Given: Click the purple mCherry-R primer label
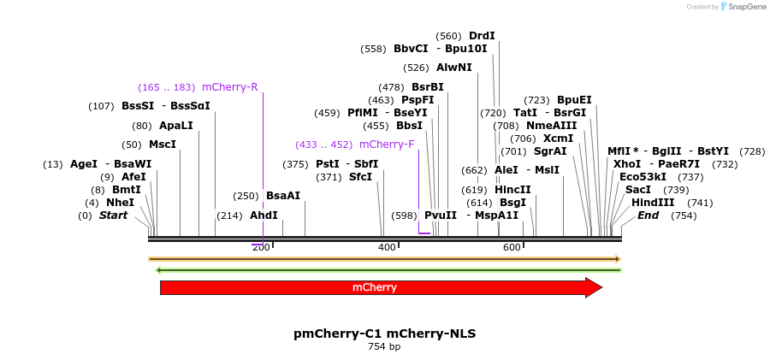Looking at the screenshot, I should pos(229,87).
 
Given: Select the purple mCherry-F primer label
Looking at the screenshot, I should pos(387,145).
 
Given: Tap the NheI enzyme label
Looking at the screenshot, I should pos(121,203).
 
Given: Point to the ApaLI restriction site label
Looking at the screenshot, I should pos(176,126).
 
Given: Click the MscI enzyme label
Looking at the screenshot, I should pos(163,145).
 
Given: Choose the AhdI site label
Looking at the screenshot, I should pos(264,215).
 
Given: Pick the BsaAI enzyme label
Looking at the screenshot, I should pos(283,196).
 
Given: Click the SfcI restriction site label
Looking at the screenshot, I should pos(360,177).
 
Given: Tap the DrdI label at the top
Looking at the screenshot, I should pos(482,36).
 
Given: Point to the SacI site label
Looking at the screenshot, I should pos(638,190).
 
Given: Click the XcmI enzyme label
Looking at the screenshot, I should pos(558,139).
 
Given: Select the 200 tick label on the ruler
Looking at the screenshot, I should pos(261,247).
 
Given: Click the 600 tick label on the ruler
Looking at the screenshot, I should pos(512,247).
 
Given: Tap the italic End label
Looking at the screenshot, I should pos(649,215).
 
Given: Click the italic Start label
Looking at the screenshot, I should pos(113,215).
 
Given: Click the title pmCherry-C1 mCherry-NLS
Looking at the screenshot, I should pos(384,333).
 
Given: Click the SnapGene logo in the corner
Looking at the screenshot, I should pos(743,7).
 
